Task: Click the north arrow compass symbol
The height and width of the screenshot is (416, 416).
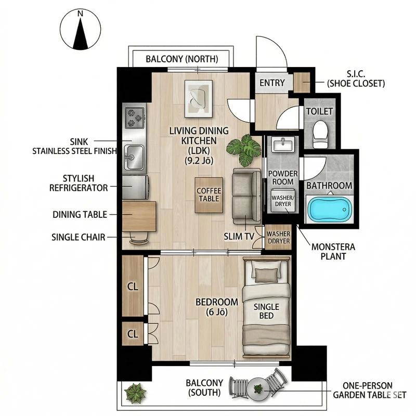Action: coord(81,30)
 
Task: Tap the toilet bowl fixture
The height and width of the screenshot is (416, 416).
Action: coord(320,134)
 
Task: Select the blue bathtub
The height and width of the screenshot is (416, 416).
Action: coord(329,210)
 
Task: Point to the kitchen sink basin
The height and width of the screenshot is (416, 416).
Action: coord(135,158)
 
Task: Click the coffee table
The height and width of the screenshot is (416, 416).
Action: coord(209,195)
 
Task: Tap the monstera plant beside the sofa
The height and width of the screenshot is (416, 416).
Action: coord(244,150)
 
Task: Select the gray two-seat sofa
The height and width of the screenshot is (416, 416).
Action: coord(247,196)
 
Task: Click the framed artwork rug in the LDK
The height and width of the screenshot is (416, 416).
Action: coord(199,99)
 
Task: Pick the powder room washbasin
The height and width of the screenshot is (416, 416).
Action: coord(283,145)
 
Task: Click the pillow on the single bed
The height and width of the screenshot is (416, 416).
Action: coord(266,275)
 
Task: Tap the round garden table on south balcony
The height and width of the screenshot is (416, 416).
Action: coord(258,389)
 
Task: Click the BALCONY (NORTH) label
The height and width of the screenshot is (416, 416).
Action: coord(182,59)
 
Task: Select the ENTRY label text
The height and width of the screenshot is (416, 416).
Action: coord(272,83)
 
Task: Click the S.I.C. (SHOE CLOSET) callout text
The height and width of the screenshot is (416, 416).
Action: coord(356,79)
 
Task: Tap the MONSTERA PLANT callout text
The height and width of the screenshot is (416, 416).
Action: coord(333,252)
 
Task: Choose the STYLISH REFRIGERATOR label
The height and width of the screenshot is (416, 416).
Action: coord(79,183)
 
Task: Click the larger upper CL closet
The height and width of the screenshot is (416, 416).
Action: coord(133,286)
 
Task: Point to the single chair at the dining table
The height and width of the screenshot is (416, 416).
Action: coord(138,238)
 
